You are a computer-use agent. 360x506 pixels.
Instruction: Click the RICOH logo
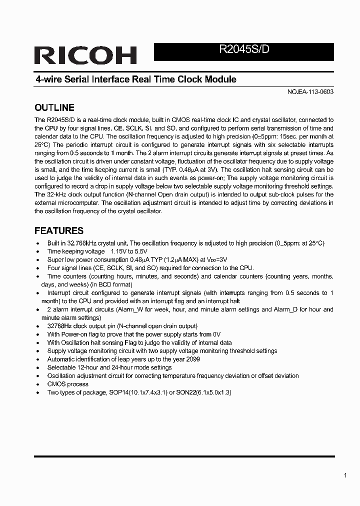[x=85, y=55]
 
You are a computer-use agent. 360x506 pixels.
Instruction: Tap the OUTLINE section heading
[x=54, y=107]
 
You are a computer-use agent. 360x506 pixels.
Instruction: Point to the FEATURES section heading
[x=58, y=230]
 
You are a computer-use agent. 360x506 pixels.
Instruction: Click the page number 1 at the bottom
[x=345, y=475]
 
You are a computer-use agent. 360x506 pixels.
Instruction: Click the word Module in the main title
[x=220, y=79]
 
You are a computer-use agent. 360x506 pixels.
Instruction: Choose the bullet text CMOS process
[x=67, y=384]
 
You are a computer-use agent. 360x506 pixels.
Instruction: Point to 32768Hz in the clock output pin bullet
[x=60, y=326]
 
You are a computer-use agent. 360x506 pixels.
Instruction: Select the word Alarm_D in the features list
[x=287, y=309]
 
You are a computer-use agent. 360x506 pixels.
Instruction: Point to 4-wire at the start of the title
[x=48, y=79]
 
